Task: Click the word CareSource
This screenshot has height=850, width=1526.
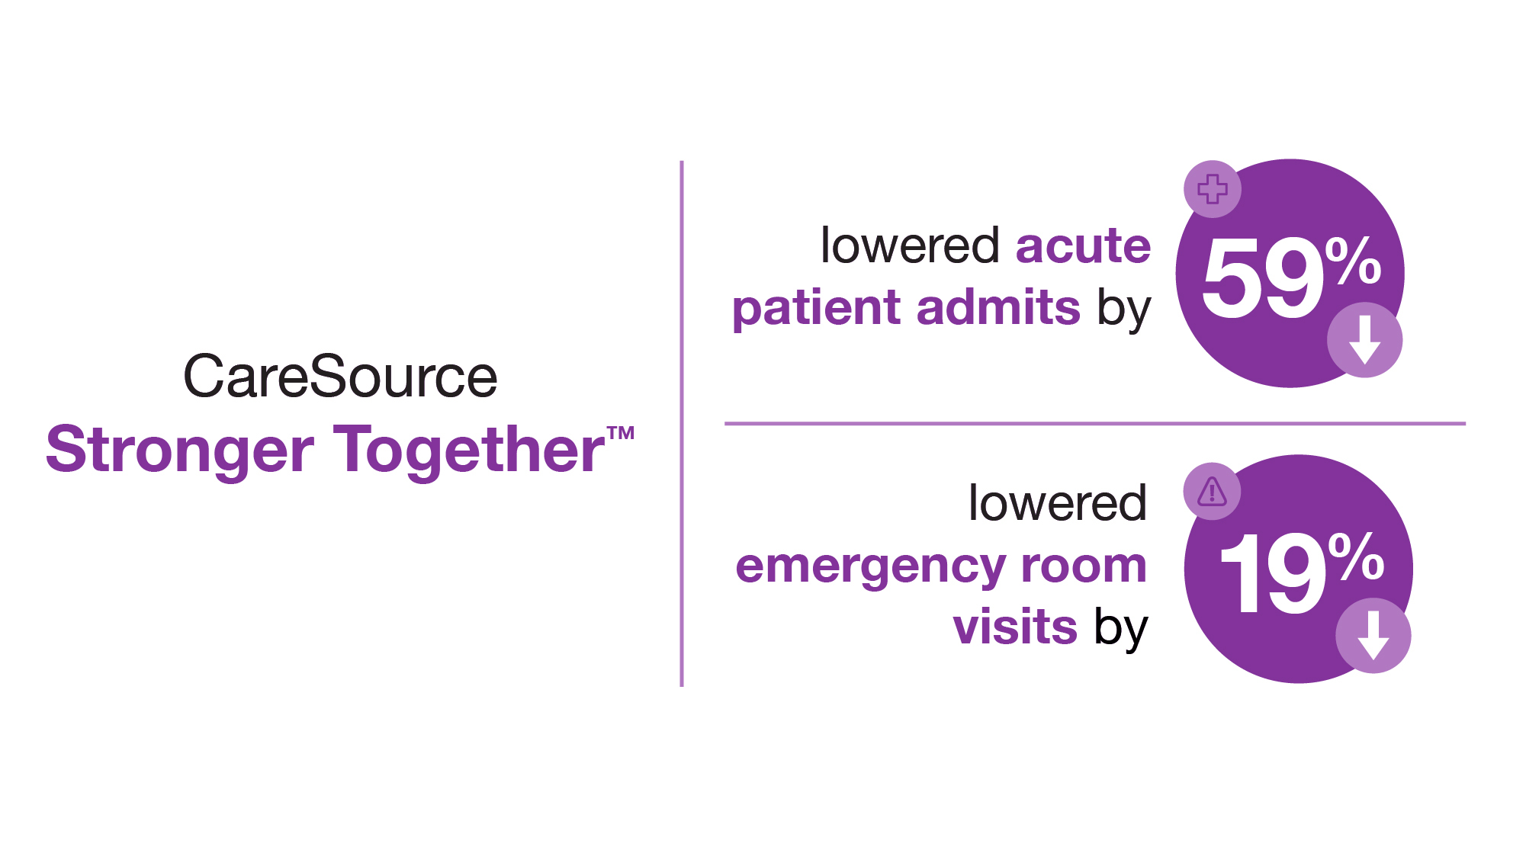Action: pyautogui.click(x=340, y=377)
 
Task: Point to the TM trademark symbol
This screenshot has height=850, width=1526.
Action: pyautogui.click(x=621, y=433)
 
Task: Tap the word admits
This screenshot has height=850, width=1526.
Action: pyautogui.click(x=998, y=306)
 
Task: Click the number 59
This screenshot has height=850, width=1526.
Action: pyautogui.click(x=1263, y=277)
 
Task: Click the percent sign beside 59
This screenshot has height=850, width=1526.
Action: pyautogui.click(x=1353, y=261)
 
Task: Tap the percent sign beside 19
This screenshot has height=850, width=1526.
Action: pyautogui.click(x=1356, y=557)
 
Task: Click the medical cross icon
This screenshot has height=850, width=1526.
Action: pyautogui.click(x=1213, y=189)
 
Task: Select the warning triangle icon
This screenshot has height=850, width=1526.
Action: pyautogui.click(x=1212, y=492)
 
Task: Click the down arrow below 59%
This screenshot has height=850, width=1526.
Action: pyautogui.click(x=1364, y=340)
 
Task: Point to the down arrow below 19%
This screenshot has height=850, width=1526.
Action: pyautogui.click(x=1373, y=636)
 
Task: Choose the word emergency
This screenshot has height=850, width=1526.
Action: pyautogui.click(x=871, y=569)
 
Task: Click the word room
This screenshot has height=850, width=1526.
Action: pyautogui.click(x=1084, y=566)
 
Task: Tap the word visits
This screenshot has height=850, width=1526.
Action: pyautogui.click(x=1015, y=627)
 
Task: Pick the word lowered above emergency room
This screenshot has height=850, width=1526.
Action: pyautogui.click(x=1057, y=503)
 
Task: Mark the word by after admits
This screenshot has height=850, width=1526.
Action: pyautogui.click(x=1123, y=310)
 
